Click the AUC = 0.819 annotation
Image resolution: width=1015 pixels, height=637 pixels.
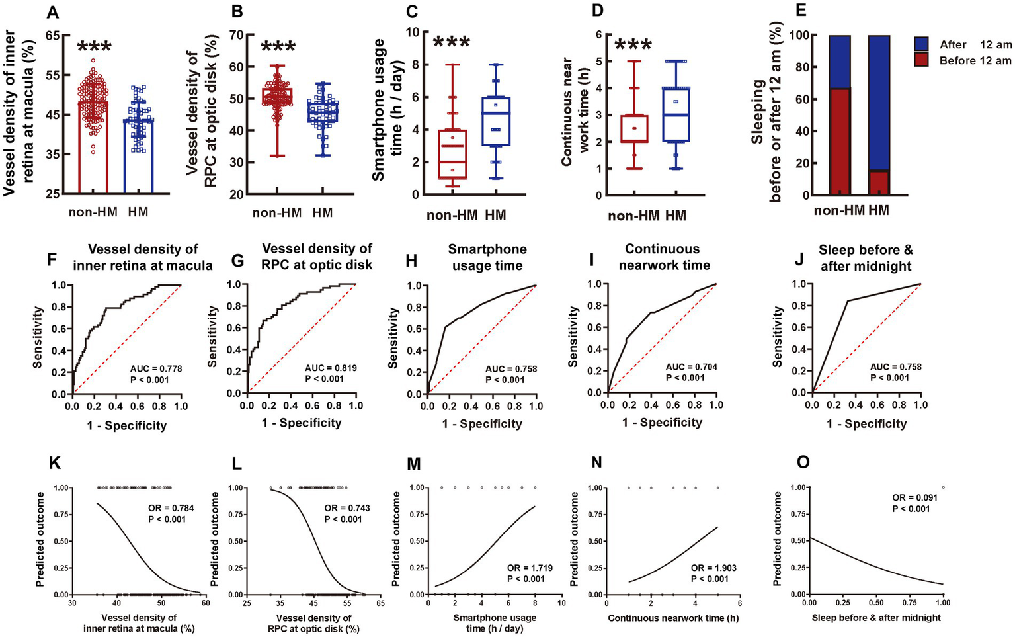click(x=330, y=368)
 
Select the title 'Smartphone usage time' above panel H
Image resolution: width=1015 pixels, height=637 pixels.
click(x=487, y=257)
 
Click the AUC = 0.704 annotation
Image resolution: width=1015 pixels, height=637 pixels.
click(x=691, y=367)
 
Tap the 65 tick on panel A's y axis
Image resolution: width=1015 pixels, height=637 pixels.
click(x=54, y=35)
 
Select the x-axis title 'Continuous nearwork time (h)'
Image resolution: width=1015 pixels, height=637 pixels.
click(x=672, y=618)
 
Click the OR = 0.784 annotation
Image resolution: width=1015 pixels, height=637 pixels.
click(x=165, y=508)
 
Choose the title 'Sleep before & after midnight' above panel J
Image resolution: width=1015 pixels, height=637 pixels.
click(x=866, y=258)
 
